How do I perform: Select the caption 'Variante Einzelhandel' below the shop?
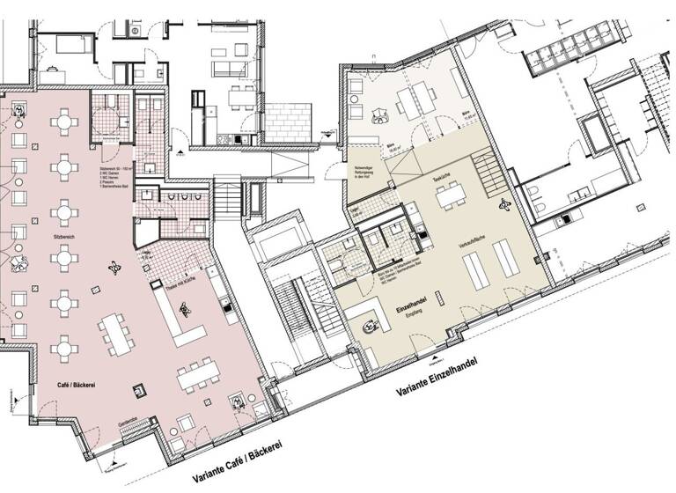447,376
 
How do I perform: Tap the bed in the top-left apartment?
60,44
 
